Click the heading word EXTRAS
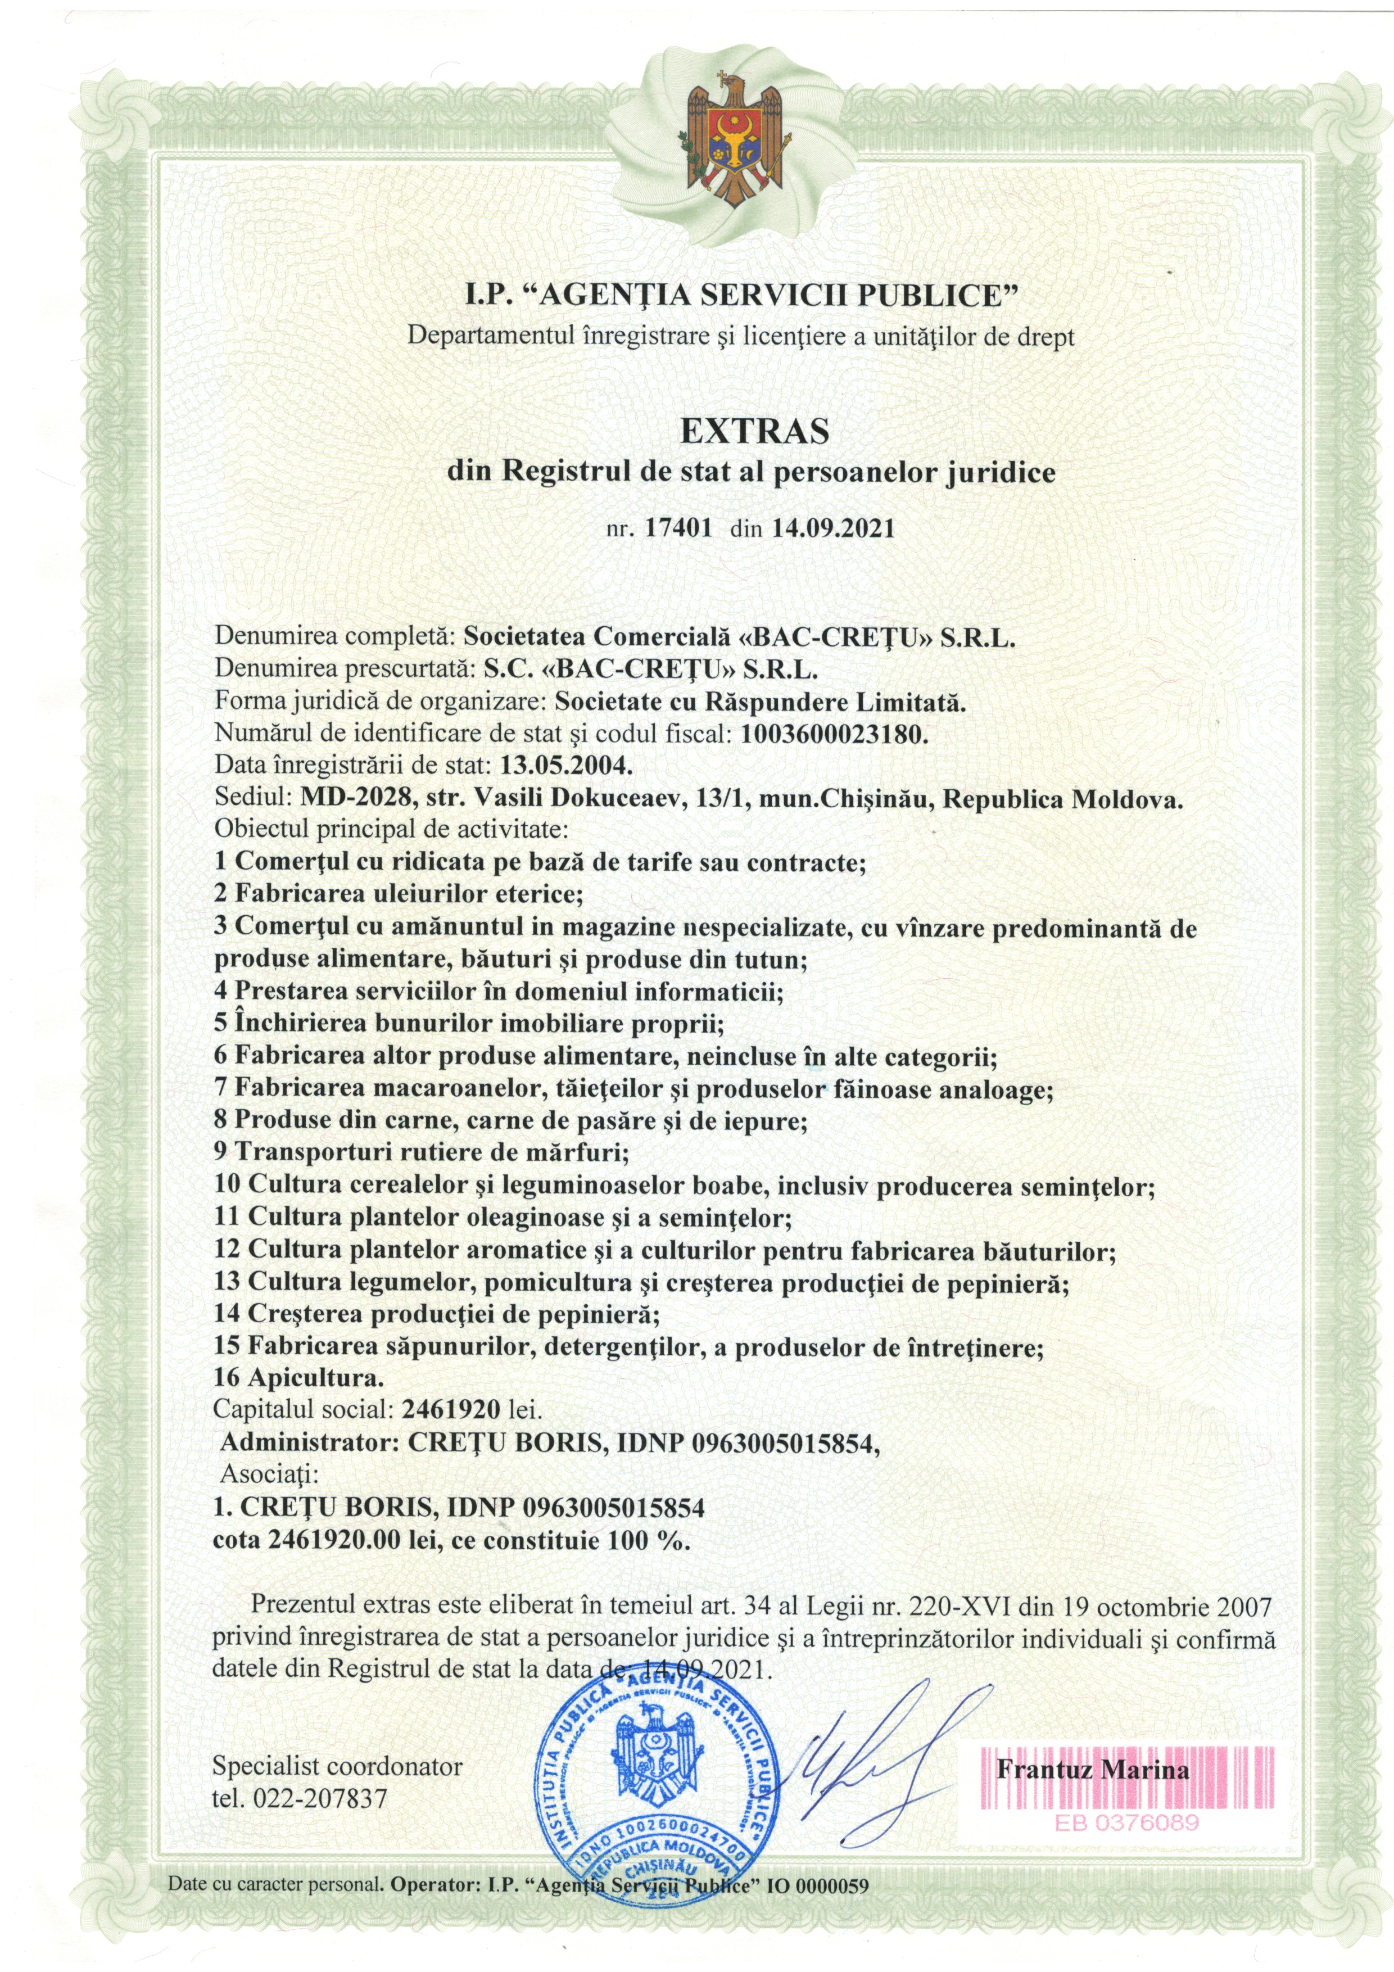754,431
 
